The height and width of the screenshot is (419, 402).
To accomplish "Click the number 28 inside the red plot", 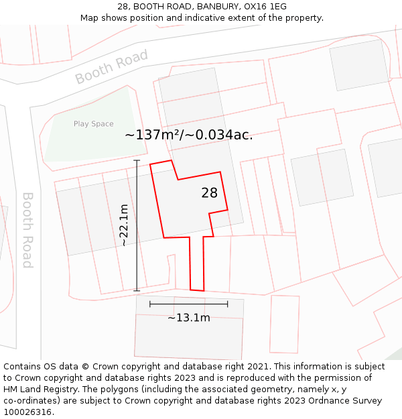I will tap(209, 193).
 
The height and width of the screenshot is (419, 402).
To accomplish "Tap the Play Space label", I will tap(93, 124).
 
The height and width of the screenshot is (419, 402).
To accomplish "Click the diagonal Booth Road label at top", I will tap(111, 67).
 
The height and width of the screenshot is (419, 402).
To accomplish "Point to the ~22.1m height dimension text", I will tap(124, 226).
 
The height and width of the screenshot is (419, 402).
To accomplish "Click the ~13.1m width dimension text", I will tap(188, 318).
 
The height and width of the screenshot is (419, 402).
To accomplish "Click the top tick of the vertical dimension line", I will tap(137, 161).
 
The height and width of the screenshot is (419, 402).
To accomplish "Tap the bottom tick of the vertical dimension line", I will tap(137, 291).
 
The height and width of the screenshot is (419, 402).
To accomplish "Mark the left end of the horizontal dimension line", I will tap(150, 304).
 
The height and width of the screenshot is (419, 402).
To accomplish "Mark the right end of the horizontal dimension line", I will tap(228, 304).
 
